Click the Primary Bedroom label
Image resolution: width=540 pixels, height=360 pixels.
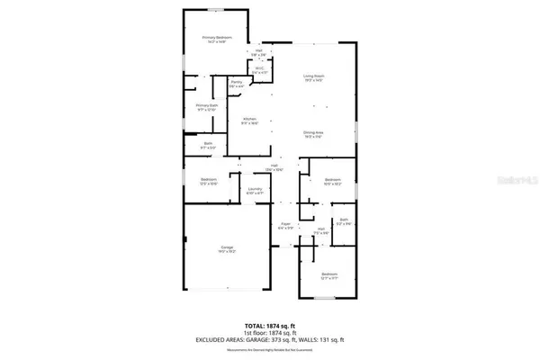click(x=218, y=38)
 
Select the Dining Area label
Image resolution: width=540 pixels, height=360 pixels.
click(x=312, y=132)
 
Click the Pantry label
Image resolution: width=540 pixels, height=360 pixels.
click(x=237, y=83)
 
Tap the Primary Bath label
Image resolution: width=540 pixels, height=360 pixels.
click(x=207, y=107)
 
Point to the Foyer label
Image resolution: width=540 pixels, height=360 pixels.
click(x=286, y=225)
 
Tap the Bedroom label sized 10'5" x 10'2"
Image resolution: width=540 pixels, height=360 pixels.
click(x=330, y=181)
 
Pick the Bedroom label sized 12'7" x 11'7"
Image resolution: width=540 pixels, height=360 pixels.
click(x=330, y=274)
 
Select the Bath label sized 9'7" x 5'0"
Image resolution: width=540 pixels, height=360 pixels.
click(x=207, y=145)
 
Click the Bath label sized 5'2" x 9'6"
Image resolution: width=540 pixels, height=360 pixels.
click(x=343, y=220)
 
